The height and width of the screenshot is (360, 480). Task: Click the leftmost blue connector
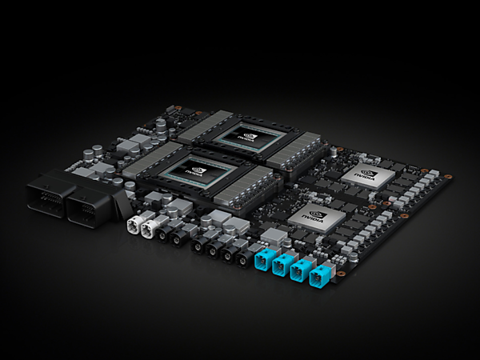[261, 260]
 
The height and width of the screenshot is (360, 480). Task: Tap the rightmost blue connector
[320, 280]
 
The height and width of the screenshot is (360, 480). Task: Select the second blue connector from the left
[281, 266]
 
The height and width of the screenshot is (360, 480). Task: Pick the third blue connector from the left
[300, 273]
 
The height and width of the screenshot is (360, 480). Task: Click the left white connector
[134, 225]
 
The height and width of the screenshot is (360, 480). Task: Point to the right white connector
[150, 229]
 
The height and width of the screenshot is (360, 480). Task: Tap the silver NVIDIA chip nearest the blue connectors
[316, 216]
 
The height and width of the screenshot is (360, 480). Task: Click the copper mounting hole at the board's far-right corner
[448, 176]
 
